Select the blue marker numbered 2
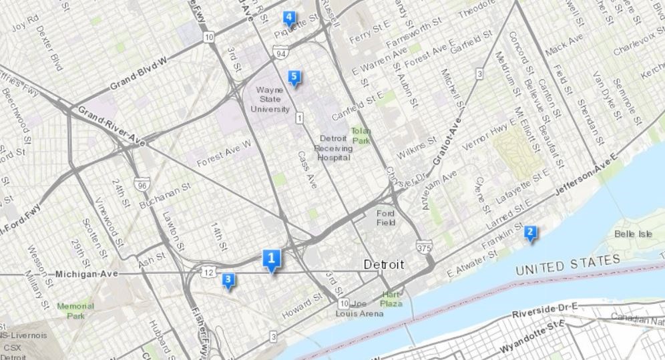click(x=530, y=233)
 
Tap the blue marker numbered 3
click(x=228, y=280)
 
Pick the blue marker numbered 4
click(x=289, y=17)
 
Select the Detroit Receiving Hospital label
click(x=332, y=148)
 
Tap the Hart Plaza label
click(x=391, y=299)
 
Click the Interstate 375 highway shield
click(x=421, y=248)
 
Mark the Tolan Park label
click(x=361, y=136)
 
